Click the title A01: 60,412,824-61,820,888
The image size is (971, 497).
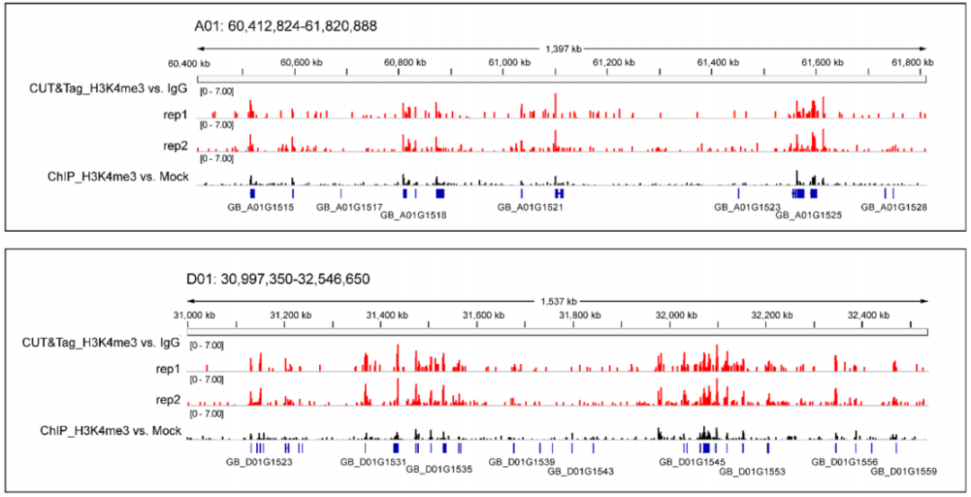tap(285, 27)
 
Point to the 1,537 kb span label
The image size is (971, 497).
tap(557, 300)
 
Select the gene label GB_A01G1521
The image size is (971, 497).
tap(530, 207)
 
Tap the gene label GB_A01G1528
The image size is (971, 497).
tap(894, 207)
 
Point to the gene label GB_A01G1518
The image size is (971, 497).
tap(414, 216)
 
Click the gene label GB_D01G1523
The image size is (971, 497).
tap(259, 461)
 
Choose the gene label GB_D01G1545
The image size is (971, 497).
tap(692, 461)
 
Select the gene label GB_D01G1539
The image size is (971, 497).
tap(521, 461)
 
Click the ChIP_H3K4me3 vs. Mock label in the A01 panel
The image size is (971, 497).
tap(118, 177)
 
